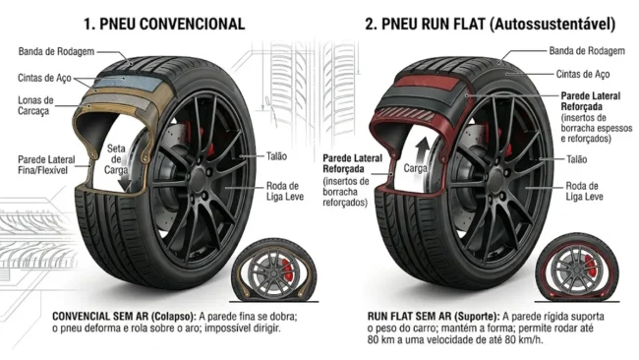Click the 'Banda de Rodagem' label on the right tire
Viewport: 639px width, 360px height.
(586, 49)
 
